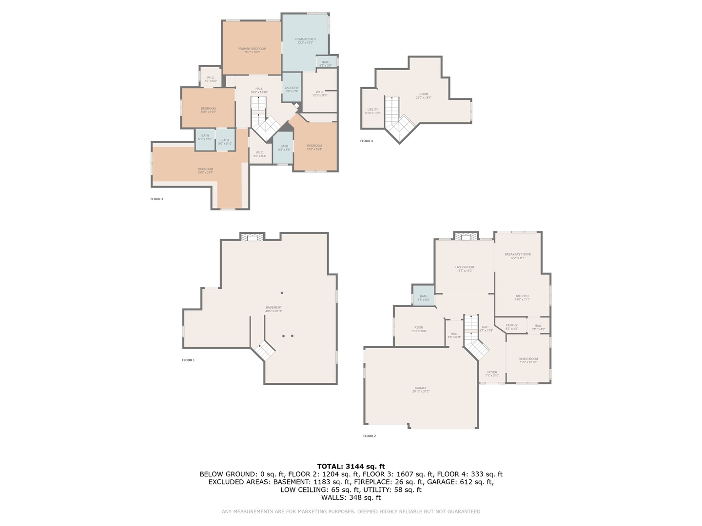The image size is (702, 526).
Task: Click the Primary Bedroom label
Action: click(x=252, y=50)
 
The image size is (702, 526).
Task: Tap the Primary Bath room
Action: click(x=305, y=41)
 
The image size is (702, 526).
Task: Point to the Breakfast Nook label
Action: click(x=518, y=256)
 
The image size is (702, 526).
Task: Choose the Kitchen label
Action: click(x=522, y=297)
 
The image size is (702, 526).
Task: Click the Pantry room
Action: click(x=511, y=326)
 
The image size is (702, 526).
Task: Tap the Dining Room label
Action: click(x=528, y=360)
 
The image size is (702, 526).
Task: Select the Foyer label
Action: click(x=492, y=373)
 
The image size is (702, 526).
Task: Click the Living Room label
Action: click(x=464, y=268)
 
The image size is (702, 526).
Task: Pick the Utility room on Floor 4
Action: click(x=372, y=111)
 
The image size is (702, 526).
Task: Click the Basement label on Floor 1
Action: click(x=273, y=309)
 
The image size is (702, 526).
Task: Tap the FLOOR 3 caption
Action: click(x=156, y=199)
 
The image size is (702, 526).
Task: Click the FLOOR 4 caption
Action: click(x=366, y=141)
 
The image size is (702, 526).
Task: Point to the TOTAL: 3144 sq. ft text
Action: click(x=351, y=466)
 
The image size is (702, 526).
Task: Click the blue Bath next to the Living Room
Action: click(x=423, y=297)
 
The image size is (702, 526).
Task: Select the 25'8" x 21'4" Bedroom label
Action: click(x=205, y=170)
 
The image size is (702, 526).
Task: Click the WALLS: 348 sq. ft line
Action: click(x=351, y=497)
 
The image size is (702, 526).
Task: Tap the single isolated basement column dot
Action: click(x=282, y=293)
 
